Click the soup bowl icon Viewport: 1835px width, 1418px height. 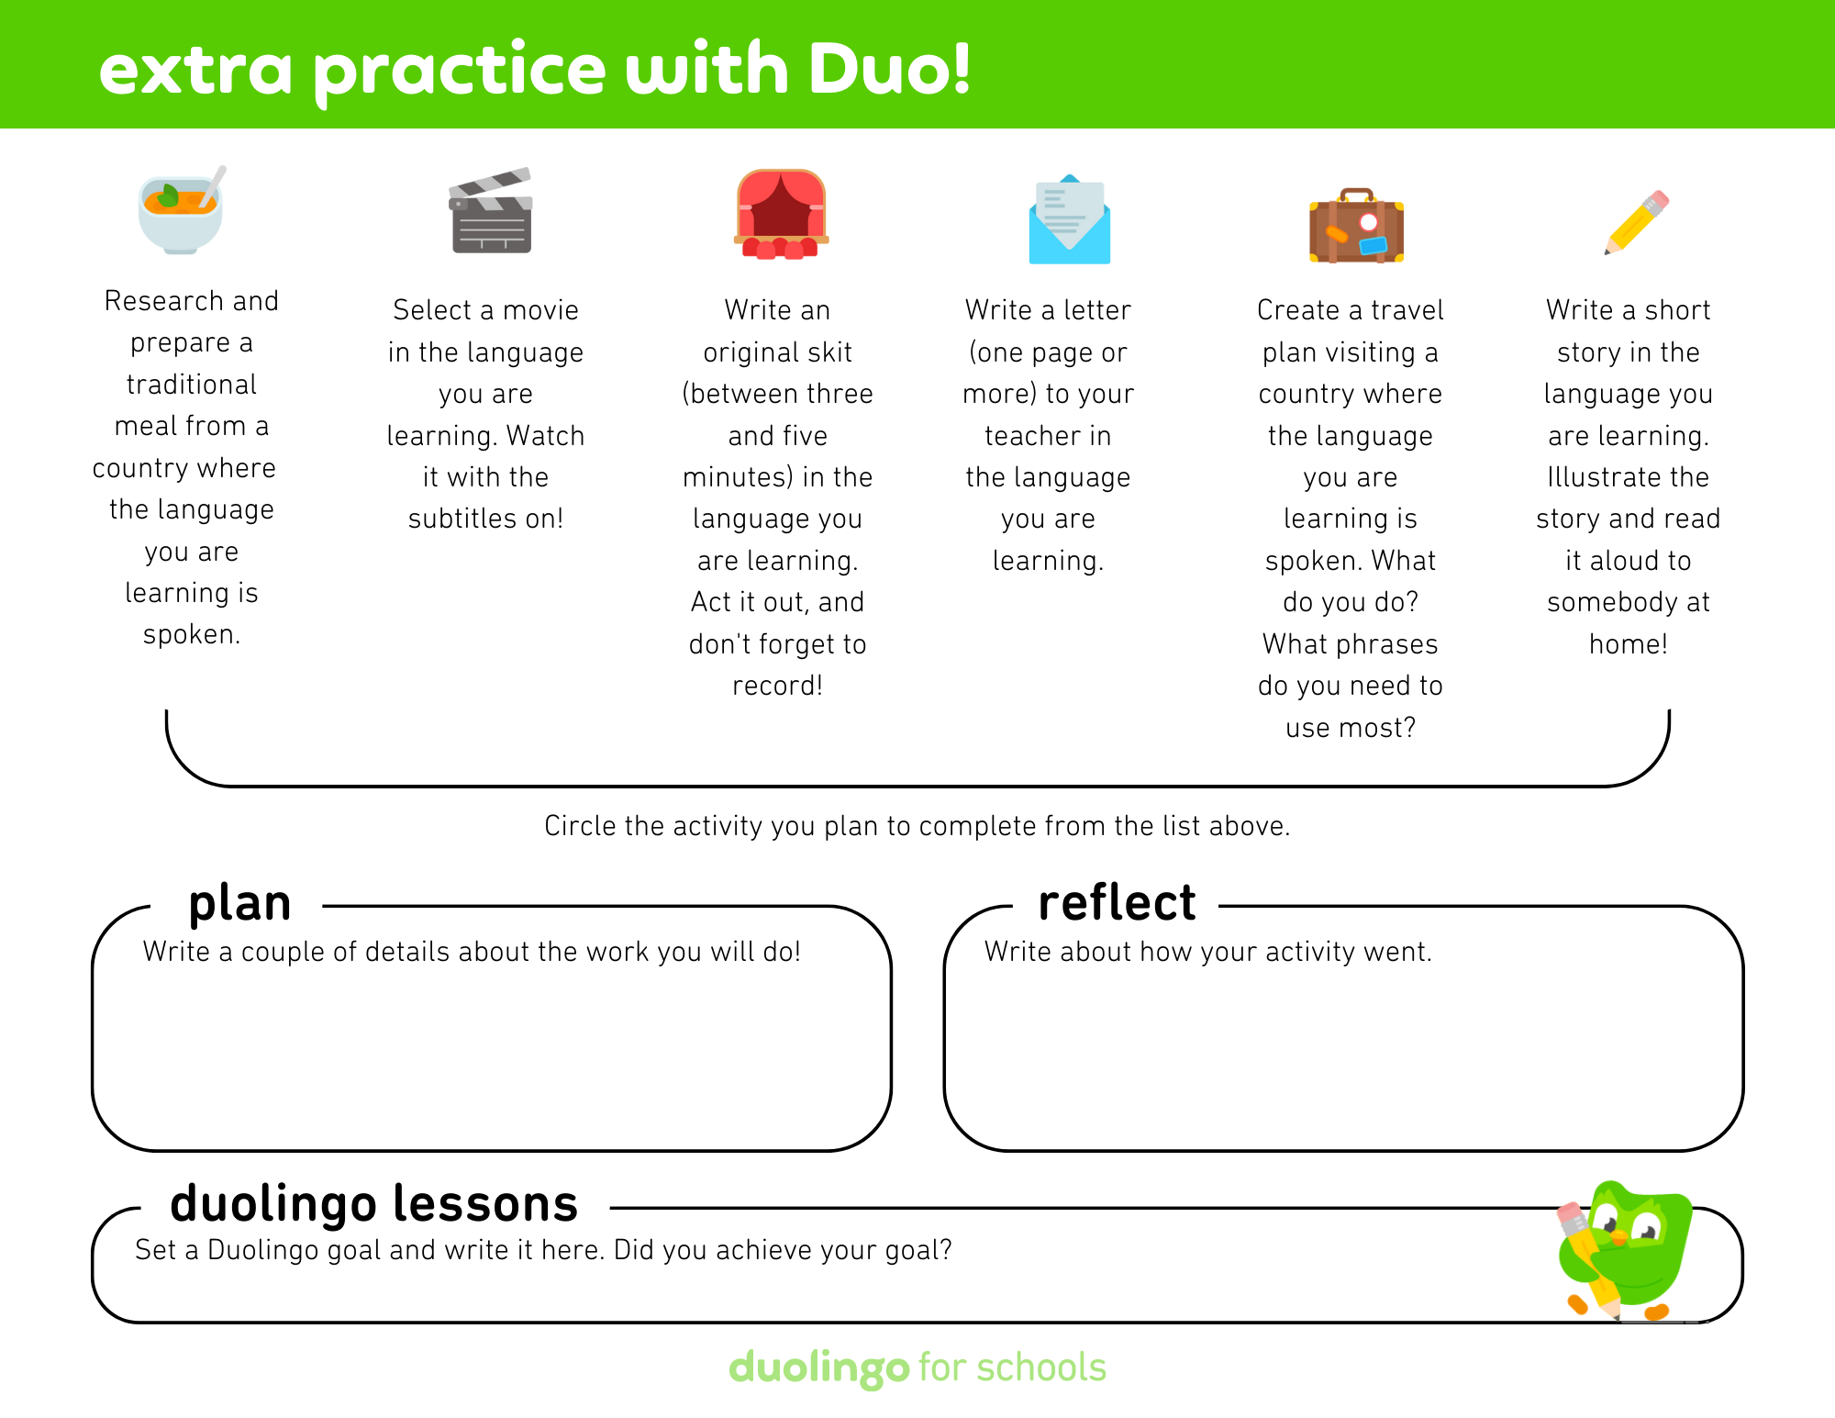[181, 211]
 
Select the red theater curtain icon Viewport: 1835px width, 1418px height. [781, 214]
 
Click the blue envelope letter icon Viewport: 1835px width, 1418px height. [1069, 220]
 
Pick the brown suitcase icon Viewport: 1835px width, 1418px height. [1356, 228]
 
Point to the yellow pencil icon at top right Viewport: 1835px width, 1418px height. [1636, 223]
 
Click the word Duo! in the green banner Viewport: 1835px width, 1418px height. [889, 70]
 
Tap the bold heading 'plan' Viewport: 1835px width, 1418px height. [239, 903]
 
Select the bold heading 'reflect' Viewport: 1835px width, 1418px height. [1117, 903]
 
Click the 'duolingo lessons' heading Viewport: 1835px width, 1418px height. [373, 1203]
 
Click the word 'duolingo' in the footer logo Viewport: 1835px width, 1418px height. [818, 1368]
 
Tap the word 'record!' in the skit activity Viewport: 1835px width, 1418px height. [777, 687]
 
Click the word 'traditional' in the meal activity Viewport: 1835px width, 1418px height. [192, 385]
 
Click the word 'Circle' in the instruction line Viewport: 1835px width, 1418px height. [580, 826]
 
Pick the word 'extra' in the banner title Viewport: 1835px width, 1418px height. [195, 70]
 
